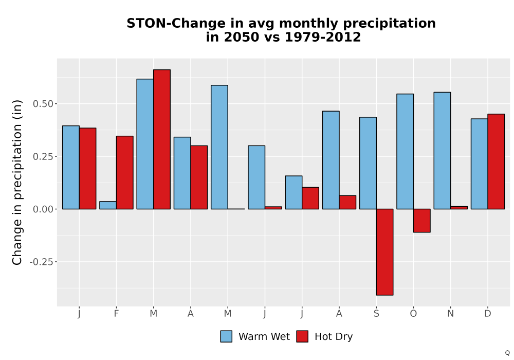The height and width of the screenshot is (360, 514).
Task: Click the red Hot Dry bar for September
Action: [384, 252]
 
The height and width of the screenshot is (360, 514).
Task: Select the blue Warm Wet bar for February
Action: [108, 205]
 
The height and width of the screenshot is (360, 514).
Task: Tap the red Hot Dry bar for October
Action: [421, 221]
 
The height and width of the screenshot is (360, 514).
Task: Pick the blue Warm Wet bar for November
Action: [442, 151]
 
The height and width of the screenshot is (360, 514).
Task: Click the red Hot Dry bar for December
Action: [496, 161]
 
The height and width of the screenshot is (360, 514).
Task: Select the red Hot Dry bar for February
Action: [124, 172]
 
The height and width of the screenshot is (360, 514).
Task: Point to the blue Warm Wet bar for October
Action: [405, 152]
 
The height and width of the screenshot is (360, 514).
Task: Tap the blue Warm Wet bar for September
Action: [368, 163]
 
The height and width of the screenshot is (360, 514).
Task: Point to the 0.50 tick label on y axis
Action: [43, 104]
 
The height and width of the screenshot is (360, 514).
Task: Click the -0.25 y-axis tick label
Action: [41, 262]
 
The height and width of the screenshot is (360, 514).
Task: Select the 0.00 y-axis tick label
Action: [43, 209]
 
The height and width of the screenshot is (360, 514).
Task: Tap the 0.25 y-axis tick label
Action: [43, 156]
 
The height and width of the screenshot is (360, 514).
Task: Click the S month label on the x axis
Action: [376, 314]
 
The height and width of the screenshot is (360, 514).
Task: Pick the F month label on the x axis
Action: [116, 314]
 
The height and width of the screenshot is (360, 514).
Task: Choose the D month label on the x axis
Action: [488, 314]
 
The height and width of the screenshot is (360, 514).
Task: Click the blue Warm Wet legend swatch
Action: [226, 336]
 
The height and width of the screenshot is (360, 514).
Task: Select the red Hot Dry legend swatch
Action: [302, 336]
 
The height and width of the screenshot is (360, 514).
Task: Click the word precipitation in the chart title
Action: [390, 24]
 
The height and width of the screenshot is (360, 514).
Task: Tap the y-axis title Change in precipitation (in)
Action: [17, 182]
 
